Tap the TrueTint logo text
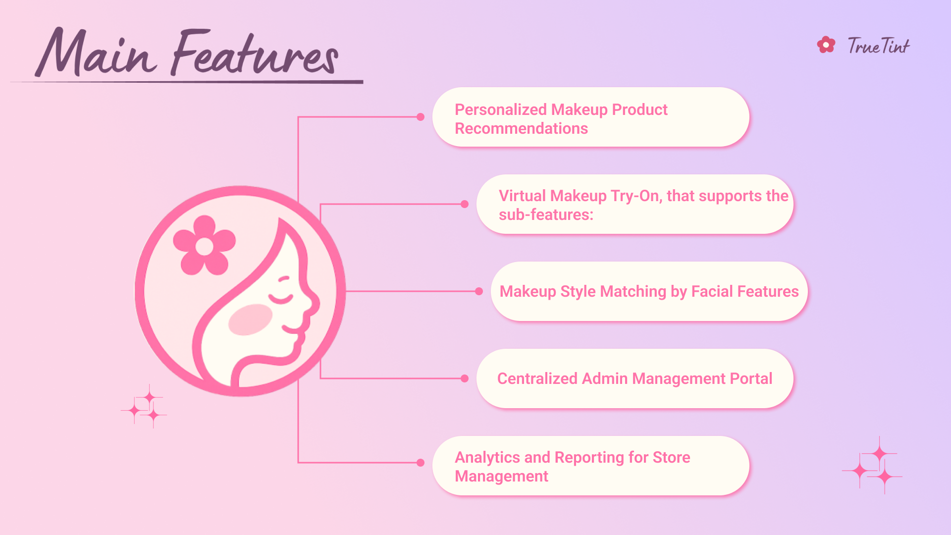[878, 46]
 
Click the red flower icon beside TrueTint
[826, 45]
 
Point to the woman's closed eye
[280, 299]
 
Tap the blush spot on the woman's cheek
[250, 320]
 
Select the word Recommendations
[521, 129]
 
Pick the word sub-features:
[546, 215]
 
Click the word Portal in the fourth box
[751, 378]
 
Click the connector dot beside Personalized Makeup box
[421, 117]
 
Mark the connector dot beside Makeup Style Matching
[479, 291]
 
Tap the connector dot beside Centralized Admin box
[465, 378]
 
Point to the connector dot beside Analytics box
[421, 463]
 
